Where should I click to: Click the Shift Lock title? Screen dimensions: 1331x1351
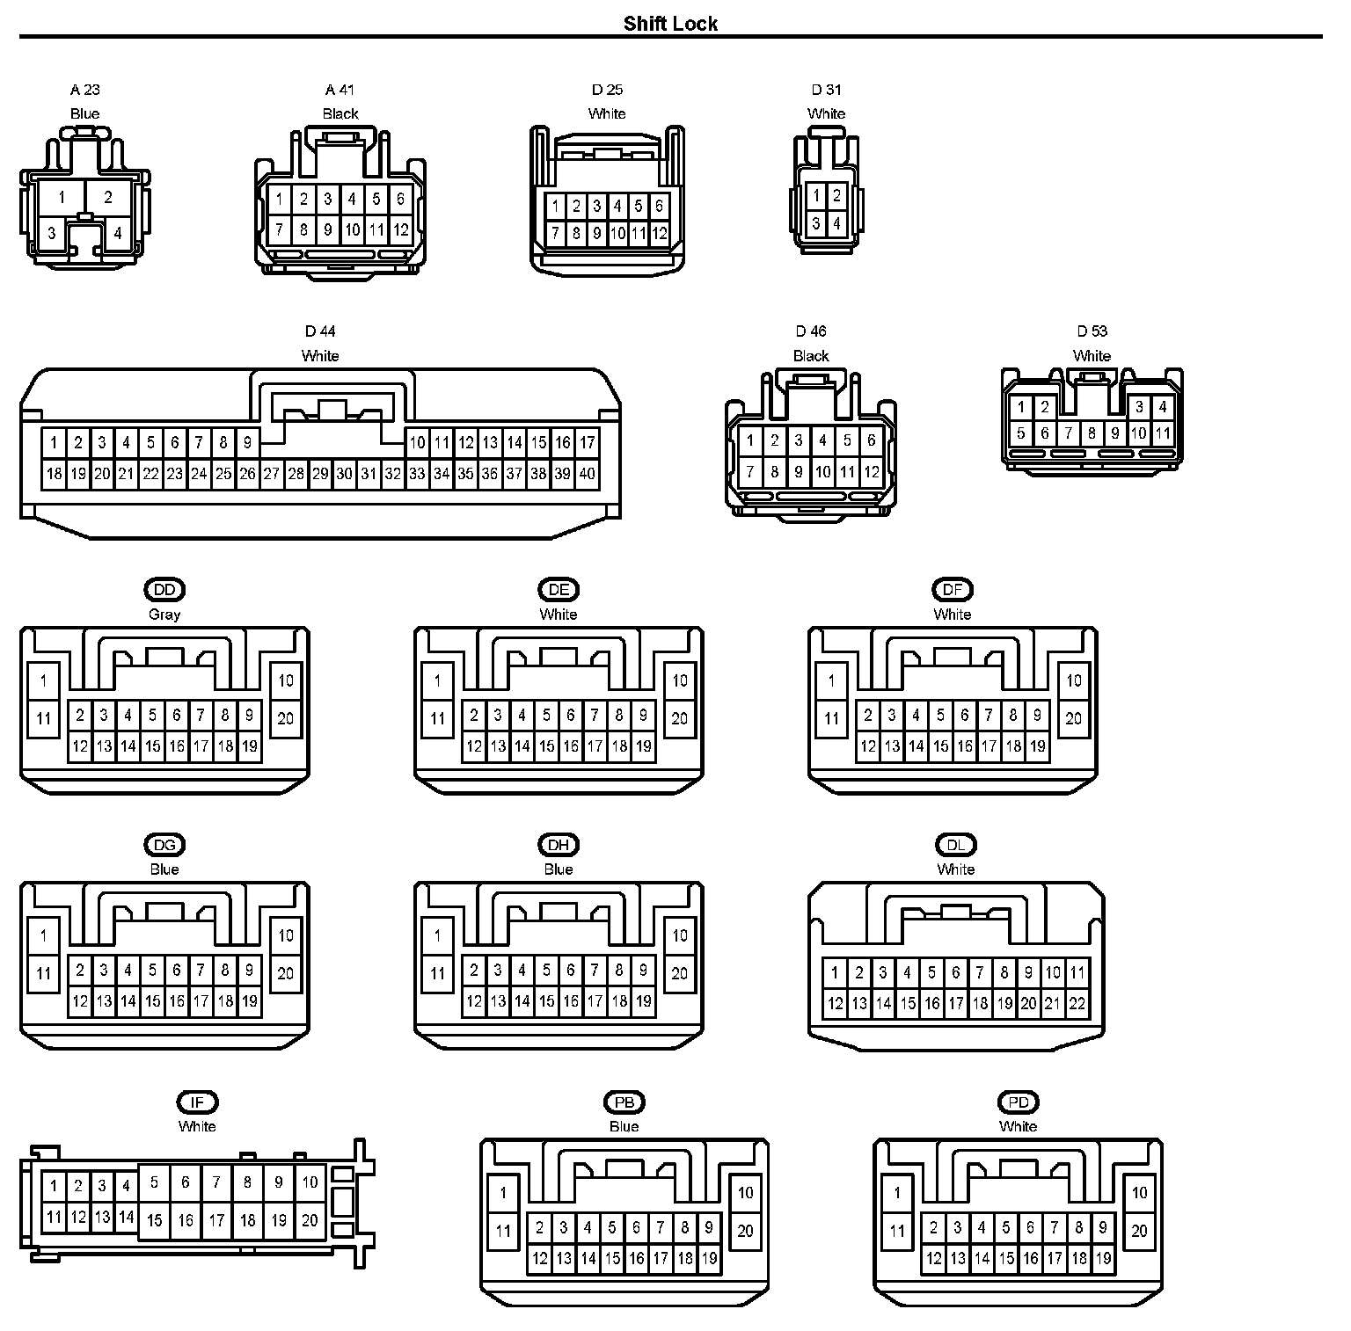coord(670,24)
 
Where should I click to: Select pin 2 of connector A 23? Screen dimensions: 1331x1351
coord(108,197)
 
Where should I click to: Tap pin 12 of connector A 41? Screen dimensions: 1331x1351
coord(400,230)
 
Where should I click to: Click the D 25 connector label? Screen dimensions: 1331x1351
coord(607,90)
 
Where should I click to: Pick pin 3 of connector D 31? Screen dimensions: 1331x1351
coord(816,223)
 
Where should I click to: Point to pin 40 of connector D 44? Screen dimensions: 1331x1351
coord(587,474)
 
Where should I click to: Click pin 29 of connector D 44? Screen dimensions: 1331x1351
coord(320,474)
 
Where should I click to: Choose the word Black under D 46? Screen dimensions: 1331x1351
coord(811,356)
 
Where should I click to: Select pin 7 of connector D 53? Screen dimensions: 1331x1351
coord(1068,433)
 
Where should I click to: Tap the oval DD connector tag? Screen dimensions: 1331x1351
coord(164,590)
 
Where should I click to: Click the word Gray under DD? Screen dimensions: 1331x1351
coord(164,615)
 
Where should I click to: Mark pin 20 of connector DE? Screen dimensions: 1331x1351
coord(679,718)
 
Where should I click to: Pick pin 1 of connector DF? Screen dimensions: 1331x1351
coord(831,680)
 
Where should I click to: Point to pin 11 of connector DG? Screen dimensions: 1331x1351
coord(43,973)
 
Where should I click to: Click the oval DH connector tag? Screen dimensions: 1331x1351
coord(559,845)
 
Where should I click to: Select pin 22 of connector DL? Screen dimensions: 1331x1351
coord(1077,1003)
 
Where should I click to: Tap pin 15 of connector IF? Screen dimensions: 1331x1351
coord(155,1220)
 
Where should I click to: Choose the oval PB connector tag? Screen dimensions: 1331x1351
coord(624,1102)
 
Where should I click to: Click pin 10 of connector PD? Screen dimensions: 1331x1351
coord(1139,1193)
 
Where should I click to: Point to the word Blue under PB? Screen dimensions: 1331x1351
coord(624,1126)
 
